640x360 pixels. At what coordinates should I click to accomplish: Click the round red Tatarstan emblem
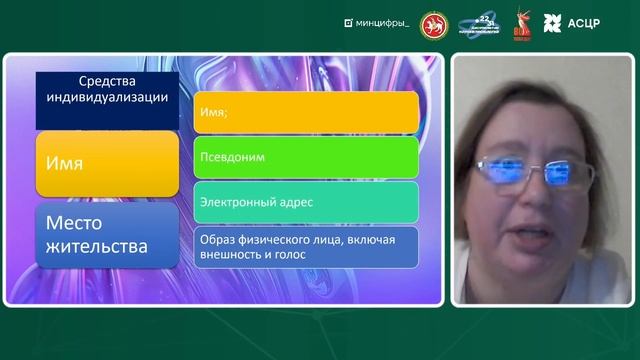434,23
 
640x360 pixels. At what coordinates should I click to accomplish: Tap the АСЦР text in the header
584,23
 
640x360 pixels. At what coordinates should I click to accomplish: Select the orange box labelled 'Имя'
107,163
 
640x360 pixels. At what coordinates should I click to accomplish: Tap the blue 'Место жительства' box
107,236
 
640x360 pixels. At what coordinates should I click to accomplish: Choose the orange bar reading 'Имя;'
305,112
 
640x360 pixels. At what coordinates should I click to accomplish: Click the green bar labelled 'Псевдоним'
305,157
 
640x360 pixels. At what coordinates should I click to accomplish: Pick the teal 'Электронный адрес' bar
305,201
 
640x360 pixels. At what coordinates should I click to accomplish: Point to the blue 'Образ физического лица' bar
305,246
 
